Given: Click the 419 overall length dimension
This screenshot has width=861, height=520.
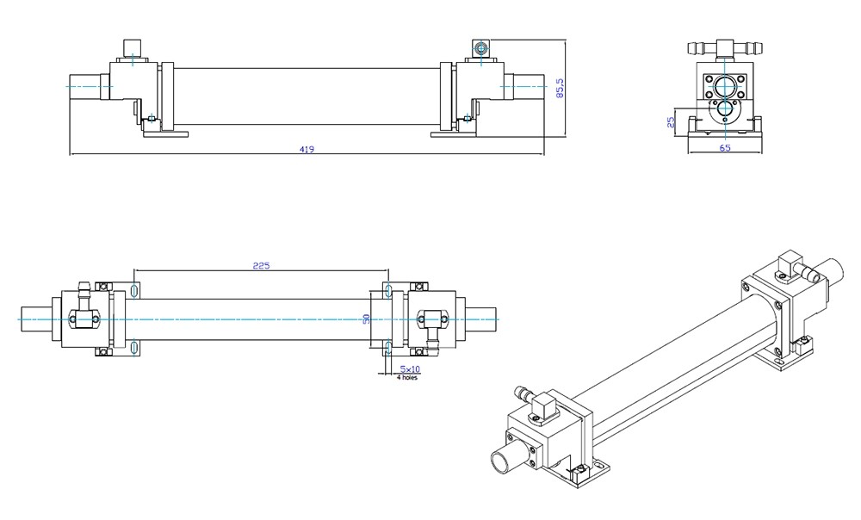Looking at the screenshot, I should (x=307, y=149).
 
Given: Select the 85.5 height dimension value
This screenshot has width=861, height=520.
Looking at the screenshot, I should (x=560, y=88).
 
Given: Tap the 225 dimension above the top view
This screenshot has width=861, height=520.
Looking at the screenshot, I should (x=261, y=266).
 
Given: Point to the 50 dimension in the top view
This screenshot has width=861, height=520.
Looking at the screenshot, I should (x=366, y=319).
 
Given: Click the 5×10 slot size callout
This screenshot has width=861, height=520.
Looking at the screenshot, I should (x=400, y=368).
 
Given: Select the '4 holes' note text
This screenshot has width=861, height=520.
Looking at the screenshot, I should (x=406, y=377).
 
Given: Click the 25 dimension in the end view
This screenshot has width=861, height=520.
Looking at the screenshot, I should (x=672, y=121).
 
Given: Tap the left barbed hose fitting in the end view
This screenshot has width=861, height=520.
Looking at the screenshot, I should (x=698, y=44).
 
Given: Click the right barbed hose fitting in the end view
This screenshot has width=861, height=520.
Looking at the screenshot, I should (x=753, y=44).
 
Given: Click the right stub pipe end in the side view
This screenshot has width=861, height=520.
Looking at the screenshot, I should (x=528, y=85).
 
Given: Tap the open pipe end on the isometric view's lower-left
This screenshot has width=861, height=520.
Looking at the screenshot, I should (x=502, y=461).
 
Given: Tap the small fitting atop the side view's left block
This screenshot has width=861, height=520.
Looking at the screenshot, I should (x=132, y=47).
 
